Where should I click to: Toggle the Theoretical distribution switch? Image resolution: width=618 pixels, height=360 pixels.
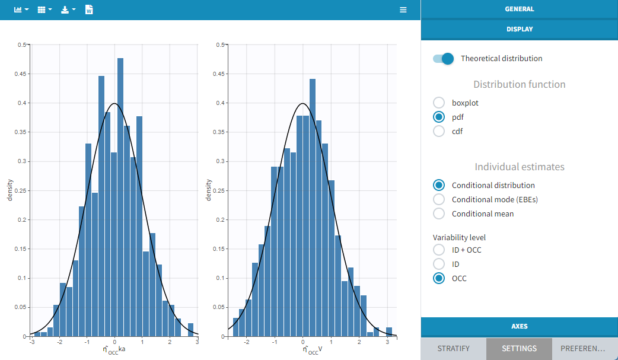[x=443, y=58]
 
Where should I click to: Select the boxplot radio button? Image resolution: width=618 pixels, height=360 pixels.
[x=439, y=103]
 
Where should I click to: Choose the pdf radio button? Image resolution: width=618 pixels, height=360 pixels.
[x=439, y=117]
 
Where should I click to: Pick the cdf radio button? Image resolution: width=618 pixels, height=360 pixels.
[x=439, y=131]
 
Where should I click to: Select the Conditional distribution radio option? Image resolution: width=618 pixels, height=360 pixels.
[x=439, y=185]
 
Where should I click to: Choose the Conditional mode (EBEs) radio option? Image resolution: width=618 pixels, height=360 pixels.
[x=439, y=199]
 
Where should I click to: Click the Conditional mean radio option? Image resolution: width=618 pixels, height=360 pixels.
[x=439, y=214]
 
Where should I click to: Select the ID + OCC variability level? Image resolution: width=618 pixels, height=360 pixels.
[x=439, y=250]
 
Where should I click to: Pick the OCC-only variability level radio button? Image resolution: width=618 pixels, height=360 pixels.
[x=439, y=278]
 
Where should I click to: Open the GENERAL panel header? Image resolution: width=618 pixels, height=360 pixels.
[x=519, y=9]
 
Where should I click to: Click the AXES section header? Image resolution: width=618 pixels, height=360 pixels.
[x=519, y=326]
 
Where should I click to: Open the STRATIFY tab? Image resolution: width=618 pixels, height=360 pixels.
[x=453, y=349]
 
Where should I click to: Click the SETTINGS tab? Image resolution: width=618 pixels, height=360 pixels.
[x=519, y=349]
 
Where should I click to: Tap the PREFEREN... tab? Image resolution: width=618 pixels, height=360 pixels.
[x=585, y=349]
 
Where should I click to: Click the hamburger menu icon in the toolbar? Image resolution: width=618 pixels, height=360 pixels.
[x=403, y=10]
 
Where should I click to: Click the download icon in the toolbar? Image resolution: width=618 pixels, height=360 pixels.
[x=68, y=10]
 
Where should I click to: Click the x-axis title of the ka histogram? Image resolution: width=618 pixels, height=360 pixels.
[x=114, y=350]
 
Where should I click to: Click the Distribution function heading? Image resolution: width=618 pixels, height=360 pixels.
[x=519, y=84]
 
